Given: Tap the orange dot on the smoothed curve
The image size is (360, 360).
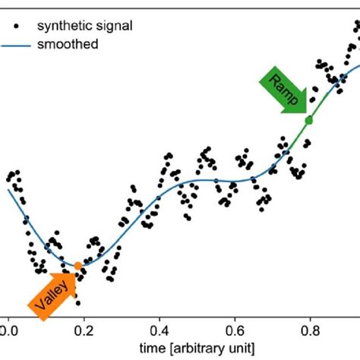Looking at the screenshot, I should pos(77,265).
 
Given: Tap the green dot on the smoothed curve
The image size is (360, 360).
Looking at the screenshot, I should pos(308,120).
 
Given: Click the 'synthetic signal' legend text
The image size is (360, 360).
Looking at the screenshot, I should pos(89,25).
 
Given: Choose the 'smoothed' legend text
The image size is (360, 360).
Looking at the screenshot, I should pos(71,44).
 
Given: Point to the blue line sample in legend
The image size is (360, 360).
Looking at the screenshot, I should pos(22,45).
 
